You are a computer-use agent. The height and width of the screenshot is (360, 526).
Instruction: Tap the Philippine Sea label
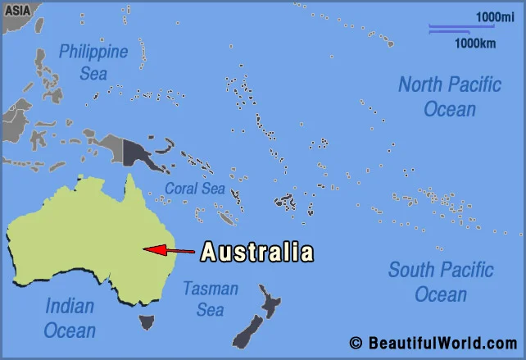pos(93,62)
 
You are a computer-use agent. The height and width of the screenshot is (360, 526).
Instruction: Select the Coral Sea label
pos(194,189)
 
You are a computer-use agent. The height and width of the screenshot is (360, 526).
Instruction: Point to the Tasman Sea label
pos(210,299)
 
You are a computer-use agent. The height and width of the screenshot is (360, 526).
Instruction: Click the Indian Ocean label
pos(70,319)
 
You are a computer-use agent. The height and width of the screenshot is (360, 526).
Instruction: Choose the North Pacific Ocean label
pos(449,96)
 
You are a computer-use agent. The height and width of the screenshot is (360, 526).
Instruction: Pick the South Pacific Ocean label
pos(441,281)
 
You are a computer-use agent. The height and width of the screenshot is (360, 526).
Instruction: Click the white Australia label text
pos(256,251)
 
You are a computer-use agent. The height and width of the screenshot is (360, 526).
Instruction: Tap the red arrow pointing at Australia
pos(169,249)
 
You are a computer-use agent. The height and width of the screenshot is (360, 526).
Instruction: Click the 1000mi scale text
pos(495,16)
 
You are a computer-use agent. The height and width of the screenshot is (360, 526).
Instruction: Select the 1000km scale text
pos(474,43)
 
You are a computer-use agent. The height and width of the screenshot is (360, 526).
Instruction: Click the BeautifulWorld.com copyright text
pos(442,343)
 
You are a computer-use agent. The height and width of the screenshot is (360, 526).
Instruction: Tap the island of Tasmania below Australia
pos(147,321)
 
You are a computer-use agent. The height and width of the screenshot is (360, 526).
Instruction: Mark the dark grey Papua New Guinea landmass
pos(135,152)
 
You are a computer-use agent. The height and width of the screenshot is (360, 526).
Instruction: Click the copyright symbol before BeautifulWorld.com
pos(356,343)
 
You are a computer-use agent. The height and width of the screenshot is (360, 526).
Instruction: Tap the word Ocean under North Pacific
pos(449,109)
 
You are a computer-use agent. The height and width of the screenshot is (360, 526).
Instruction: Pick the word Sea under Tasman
pos(210,310)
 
